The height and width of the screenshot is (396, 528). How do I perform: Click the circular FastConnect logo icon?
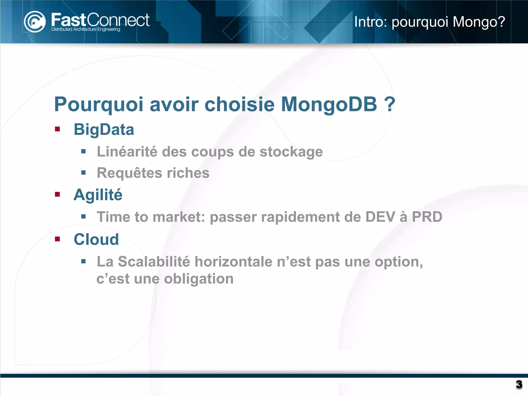(x=35, y=22)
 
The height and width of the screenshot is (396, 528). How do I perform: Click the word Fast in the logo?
(x=68, y=20)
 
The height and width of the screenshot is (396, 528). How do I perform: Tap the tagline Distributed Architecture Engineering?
(x=86, y=29)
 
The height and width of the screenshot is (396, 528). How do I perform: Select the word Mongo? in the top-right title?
(x=479, y=22)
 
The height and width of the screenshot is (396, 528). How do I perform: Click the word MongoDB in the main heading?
(x=329, y=104)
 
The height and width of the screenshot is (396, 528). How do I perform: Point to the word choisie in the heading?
(x=240, y=104)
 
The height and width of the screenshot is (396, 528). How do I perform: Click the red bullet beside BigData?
(x=57, y=129)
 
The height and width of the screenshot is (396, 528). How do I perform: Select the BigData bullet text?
(x=104, y=129)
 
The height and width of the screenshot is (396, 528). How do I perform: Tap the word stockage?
(x=291, y=152)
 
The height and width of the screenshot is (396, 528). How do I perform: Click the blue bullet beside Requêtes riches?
(x=83, y=172)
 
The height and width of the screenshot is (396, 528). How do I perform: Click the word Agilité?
(x=98, y=195)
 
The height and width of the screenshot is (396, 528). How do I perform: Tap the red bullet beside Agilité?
(x=57, y=194)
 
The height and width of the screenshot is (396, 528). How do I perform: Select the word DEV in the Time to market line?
(x=380, y=217)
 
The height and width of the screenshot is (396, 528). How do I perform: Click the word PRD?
(x=427, y=217)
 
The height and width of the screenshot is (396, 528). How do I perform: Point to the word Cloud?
(x=96, y=240)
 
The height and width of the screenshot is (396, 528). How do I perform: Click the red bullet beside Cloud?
(x=57, y=239)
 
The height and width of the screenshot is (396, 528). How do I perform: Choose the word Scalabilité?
(x=154, y=262)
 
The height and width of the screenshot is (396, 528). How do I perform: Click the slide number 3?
(x=519, y=384)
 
